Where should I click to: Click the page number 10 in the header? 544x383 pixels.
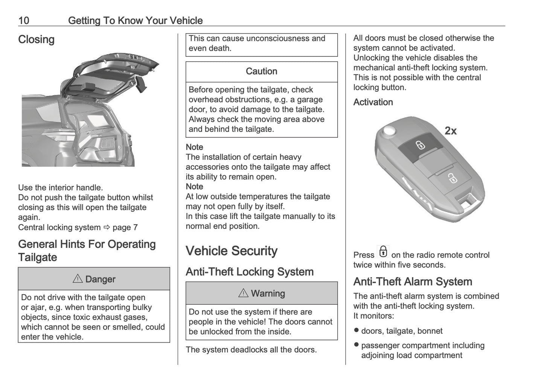click(x=23, y=20)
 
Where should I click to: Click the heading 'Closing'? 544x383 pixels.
click(x=36, y=40)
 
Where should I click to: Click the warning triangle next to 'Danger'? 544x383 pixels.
click(x=78, y=279)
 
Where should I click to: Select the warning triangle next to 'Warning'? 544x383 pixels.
click(x=243, y=293)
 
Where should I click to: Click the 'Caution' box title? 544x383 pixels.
click(x=261, y=71)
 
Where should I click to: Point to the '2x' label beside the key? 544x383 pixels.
click(x=450, y=131)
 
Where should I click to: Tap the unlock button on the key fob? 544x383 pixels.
click(x=451, y=178)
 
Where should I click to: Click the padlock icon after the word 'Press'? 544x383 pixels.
click(x=383, y=252)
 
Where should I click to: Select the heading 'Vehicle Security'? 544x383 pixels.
click(x=232, y=251)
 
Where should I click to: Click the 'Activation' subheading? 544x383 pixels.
click(x=373, y=102)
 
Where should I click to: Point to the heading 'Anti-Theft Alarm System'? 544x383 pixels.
click(x=413, y=282)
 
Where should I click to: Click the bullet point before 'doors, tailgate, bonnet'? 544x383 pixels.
click(x=356, y=330)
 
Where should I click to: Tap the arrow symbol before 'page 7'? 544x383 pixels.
click(x=106, y=227)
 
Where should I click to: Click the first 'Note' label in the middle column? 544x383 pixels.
click(x=194, y=147)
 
